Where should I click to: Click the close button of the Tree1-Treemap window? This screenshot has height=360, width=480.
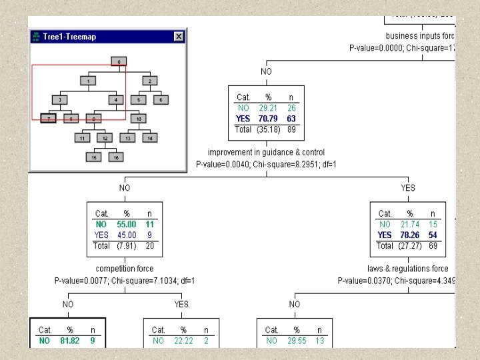(178, 37)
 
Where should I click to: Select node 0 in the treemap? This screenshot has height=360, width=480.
(119, 62)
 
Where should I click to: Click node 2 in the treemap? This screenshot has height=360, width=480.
(150, 81)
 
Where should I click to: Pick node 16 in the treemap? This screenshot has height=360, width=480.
(115, 157)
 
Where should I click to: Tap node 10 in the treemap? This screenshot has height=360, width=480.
(139, 119)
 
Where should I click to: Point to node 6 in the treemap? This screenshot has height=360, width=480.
(160, 100)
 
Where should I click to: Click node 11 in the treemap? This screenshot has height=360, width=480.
(82, 138)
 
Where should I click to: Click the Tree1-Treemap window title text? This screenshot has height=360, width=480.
(69, 37)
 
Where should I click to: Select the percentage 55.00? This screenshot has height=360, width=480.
(126, 225)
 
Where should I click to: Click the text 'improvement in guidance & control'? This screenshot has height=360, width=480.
(266, 153)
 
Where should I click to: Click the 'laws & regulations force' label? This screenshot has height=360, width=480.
(407, 269)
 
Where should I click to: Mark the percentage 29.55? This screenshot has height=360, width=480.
(296, 341)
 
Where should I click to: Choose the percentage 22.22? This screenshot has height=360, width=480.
(183, 341)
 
